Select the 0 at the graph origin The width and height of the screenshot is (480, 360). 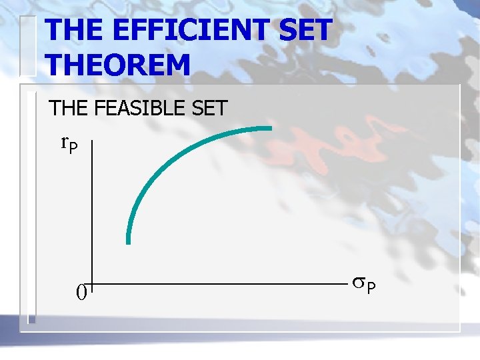(81, 292)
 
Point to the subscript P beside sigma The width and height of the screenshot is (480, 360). (371, 288)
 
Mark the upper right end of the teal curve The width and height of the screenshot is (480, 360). (271, 128)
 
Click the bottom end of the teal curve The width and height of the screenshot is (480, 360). (129, 243)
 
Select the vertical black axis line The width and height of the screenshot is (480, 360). (92, 213)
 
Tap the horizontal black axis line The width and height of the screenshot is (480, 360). (213, 285)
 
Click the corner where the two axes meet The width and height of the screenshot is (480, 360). (92, 285)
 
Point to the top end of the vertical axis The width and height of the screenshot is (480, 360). (92, 141)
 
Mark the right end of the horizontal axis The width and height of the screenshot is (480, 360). (345, 285)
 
